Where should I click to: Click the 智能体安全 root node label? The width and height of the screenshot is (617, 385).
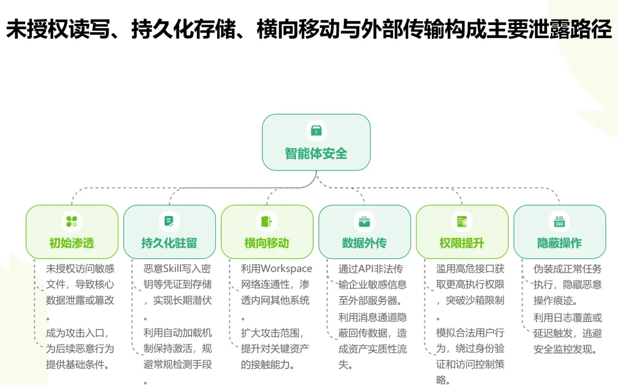point(316,153)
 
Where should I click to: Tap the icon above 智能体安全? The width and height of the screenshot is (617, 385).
point(316,130)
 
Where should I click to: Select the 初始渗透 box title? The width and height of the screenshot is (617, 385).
point(71,243)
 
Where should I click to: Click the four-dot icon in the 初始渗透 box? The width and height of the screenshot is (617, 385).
point(71,221)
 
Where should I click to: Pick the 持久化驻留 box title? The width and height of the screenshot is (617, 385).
point(169,243)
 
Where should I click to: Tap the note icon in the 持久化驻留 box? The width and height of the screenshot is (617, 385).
point(169,221)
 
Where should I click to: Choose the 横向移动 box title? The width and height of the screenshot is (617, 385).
point(267,243)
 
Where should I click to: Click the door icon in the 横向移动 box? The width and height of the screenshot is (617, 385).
point(267,221)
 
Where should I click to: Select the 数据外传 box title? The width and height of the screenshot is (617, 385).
point(364,243)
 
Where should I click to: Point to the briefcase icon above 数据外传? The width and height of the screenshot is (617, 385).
point(364,221)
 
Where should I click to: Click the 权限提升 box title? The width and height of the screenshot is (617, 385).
point(462,243)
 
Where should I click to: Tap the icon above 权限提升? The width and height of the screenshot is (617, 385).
point(462,221)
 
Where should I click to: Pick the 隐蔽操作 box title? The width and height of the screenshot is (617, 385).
point(559,243)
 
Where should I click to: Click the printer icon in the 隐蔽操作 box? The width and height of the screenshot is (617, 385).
point(559,221)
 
